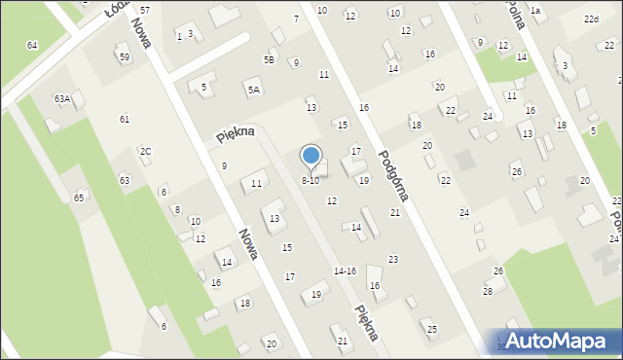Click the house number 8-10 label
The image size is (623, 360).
pyautogui.click(x=310, y=181)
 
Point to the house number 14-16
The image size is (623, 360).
pyautogui.click(x=345, y=270)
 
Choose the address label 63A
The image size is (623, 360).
pyautogui.click(x=62, y=98)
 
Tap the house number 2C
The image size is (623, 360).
pyautogui.click(x=145, y=151)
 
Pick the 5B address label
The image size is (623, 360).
pyautogui.click(x=269, y=59)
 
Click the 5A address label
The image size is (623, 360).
pyautogui.click(x=254, y=90)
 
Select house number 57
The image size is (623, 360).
pyautogui.click(x=145, y=9)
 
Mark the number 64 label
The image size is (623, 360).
pyautogui.click(x=32, y=46)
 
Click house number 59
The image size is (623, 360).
pyautogui.click(x=124, y=57)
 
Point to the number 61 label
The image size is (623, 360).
pyautogui.click(x=125, y=119)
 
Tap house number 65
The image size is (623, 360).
pyautogui.click(x=79, y=198)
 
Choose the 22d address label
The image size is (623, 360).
pyautogui.click(x=591, y=19)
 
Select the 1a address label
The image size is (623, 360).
pyautogui.click(x=534, y=10)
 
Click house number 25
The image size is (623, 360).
pyautogui.click(x=432, y=330)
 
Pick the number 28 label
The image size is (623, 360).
pyautogui.click(x=488, y=292)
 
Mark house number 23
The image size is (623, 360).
pyautogui.click(x=393, y=259)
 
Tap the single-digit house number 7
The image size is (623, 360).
pyautogui.click(x=296, y=19)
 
